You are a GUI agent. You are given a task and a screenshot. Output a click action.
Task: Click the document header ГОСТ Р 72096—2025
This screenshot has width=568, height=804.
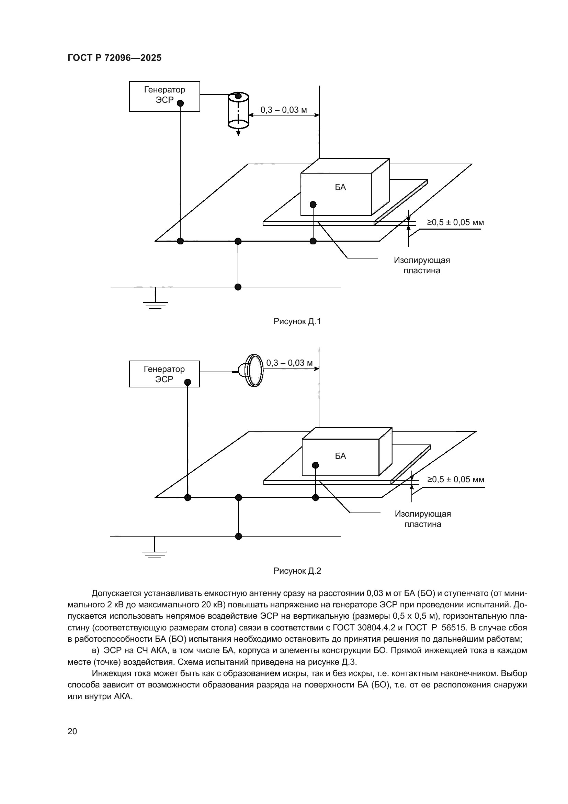tap(114, 58)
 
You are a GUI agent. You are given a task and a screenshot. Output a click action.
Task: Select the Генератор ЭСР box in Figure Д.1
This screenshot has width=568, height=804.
tap(164, 96)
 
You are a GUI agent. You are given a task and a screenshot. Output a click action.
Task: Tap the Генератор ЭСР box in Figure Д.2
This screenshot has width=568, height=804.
tap(164, 374)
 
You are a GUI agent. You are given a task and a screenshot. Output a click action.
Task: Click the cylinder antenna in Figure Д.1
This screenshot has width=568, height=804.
tap(238, 110)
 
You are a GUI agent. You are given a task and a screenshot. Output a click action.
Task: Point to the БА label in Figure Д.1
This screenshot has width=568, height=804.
tap(340, 187)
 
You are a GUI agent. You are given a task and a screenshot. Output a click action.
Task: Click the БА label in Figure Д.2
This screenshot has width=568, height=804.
tap(340, 456)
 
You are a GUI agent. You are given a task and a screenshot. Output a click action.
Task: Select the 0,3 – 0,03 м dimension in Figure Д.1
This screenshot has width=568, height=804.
tap(284, 110)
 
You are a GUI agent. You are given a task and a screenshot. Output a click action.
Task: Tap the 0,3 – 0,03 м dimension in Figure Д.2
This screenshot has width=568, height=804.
tap(289, 363)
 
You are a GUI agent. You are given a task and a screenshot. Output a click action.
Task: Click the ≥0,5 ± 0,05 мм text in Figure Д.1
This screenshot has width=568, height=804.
tap(455, 222)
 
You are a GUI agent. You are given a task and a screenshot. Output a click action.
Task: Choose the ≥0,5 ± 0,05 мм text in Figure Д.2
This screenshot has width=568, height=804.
tap(456, 480)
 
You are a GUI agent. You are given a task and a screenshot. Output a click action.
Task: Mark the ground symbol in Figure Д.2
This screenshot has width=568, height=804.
tap(155, 552)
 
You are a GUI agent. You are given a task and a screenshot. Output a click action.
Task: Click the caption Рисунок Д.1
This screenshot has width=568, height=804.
tap(297, 321)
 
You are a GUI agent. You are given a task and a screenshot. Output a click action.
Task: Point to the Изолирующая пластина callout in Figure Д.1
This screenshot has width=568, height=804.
tap(422, 265)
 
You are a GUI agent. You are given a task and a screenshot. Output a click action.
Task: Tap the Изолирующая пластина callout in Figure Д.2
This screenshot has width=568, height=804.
tap(423, 519)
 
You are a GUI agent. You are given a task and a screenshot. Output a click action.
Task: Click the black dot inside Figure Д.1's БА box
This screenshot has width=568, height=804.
tap(313, 205)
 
